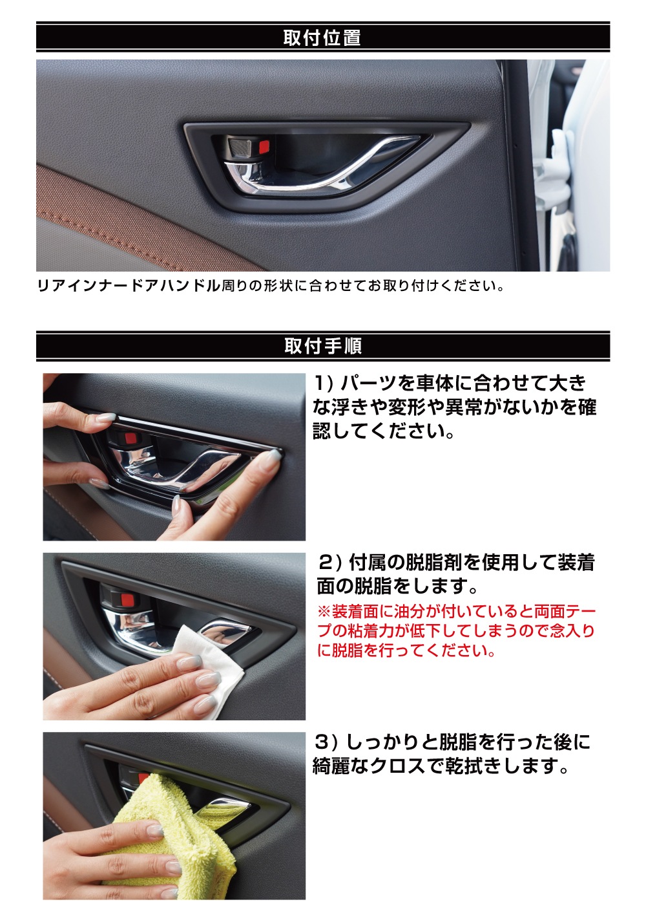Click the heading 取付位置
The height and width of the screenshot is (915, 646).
point(322,38)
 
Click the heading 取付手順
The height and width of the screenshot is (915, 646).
point(323,346)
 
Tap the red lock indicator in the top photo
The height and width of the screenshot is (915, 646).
point(265,145)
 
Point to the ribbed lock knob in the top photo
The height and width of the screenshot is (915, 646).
point(240,146)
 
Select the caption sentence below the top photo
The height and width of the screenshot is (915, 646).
point(271,286)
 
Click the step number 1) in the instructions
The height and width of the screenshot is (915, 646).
point(324,383)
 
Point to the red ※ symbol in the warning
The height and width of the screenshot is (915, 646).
point(324,612)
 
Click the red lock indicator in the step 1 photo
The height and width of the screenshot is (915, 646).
point(130,439)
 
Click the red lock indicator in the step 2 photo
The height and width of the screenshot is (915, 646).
point(128,600)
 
